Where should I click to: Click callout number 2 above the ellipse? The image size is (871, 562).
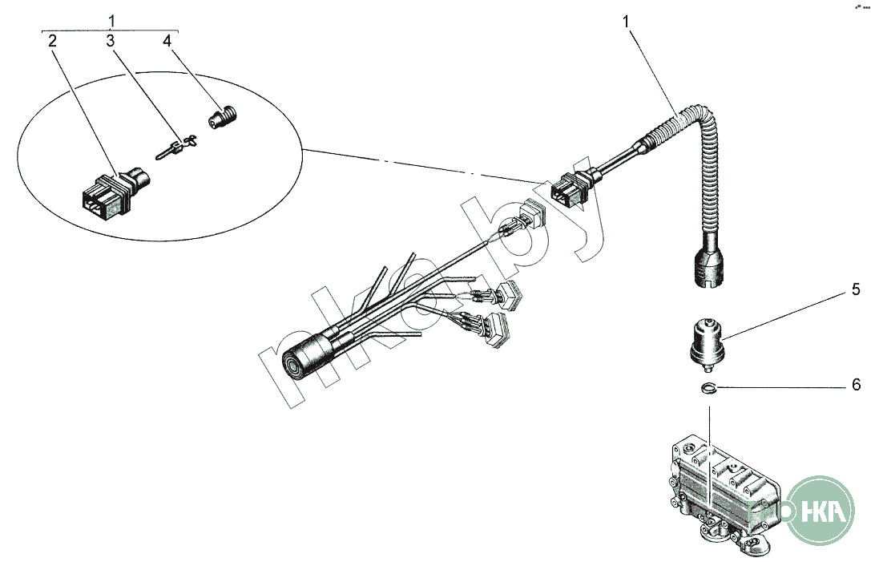click(x=52, y=41)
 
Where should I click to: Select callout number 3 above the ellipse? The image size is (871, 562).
click(x=111, y=41)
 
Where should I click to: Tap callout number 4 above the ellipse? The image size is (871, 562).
click(x=167, y=41)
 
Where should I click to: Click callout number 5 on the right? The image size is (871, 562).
click(x=856, y=289)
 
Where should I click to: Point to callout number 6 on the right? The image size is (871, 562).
click(x=856, y=384)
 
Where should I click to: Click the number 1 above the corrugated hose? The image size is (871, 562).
click(x=627, y=22)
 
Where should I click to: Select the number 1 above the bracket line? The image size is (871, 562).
click(x=111, y=21)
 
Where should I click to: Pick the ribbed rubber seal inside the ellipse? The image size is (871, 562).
click(x=223, y=117)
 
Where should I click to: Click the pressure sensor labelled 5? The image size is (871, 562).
click(x=706, y=344)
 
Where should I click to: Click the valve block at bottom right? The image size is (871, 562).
click(x=722, y=489)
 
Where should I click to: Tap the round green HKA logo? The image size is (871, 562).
click(x=820, y=510)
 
